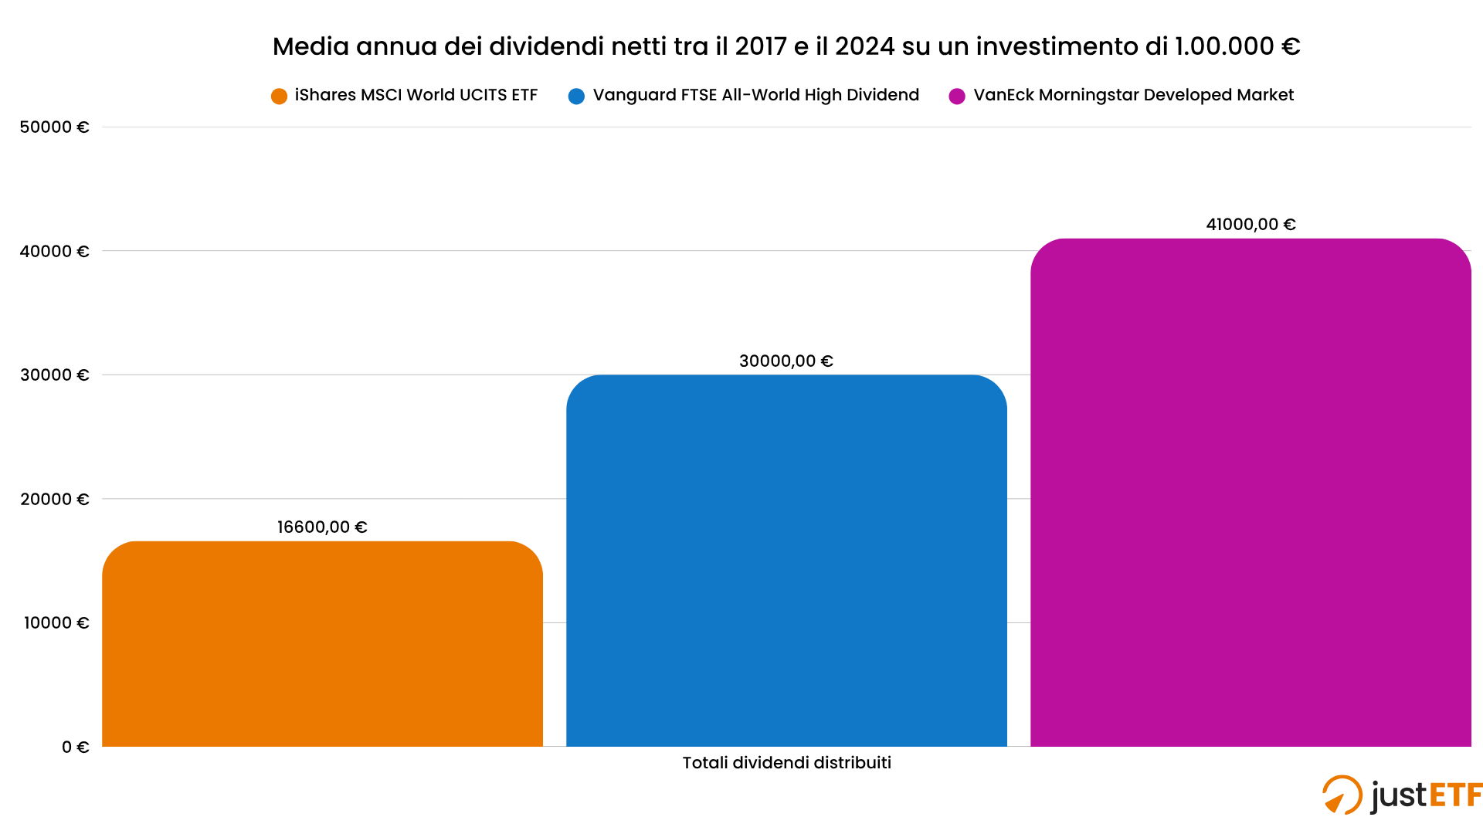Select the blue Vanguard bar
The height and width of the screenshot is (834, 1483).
coord(786,560)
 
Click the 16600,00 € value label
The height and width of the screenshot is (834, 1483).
coord(322,527)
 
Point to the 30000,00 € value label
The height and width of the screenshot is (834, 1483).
coord(786,361)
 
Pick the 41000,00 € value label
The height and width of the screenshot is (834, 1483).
coord(1251,224)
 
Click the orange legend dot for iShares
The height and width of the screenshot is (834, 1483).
coord(279,96)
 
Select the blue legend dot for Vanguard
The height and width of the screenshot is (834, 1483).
coord(576,96)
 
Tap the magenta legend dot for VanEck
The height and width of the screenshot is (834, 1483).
coord(957,96)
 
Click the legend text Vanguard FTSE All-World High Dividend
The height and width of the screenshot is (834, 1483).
coord(755,95)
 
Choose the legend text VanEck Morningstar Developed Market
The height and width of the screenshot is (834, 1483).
coord(1133,95)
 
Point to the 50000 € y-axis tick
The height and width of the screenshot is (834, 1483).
coord(55,127)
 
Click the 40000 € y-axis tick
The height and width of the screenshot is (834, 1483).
coord(55,251)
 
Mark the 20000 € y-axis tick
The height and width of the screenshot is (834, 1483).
coord(55,499)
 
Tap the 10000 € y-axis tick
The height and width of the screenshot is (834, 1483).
coord(56,622)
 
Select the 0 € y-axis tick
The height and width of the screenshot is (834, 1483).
coord(76,747)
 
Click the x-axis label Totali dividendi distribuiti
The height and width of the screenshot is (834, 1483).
coord(786,763)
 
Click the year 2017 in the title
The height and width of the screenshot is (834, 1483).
coord(761,46)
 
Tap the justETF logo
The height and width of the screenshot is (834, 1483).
coord(1401,795)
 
